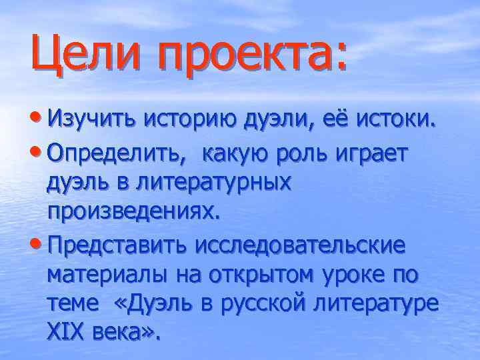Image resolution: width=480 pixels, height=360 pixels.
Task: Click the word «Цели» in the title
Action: tap(83, 55)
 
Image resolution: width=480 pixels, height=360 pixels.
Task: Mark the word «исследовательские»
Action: tap(299, 245)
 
